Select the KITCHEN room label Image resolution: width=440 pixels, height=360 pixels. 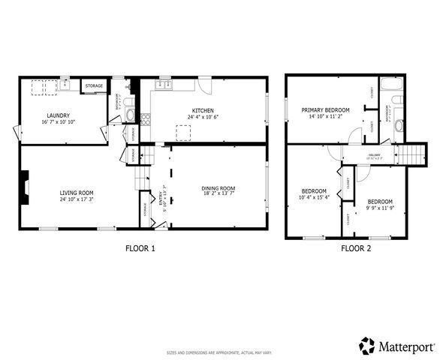click(202, 110)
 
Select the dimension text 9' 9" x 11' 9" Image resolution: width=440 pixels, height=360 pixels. click(379, 207)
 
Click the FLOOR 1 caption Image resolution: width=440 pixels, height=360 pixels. click(140, 248)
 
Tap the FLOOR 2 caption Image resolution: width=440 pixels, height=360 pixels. click(356, 248)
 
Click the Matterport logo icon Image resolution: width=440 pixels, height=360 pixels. click(368, 346)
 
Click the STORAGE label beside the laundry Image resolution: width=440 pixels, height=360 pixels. click(94, 86)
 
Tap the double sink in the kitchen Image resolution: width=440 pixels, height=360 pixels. click(163, 84)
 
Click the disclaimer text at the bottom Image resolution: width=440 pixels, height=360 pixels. click(218, 352)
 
